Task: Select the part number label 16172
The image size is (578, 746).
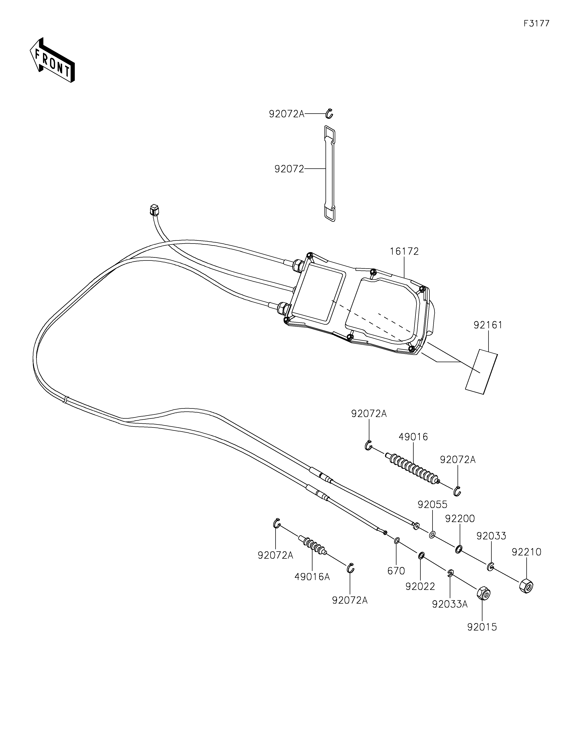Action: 404,251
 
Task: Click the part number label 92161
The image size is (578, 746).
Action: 488,325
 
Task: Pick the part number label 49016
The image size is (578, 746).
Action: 413,437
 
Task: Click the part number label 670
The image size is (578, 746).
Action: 396,571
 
